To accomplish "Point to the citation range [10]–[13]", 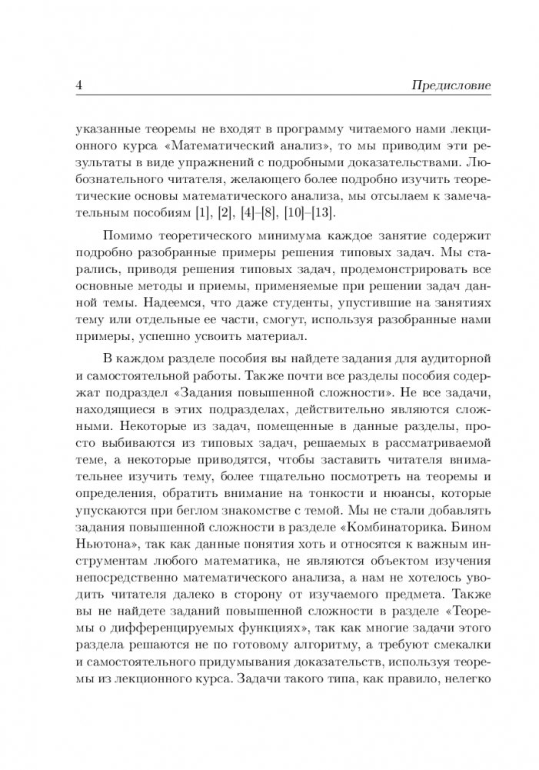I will click(x=361, y=213).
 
